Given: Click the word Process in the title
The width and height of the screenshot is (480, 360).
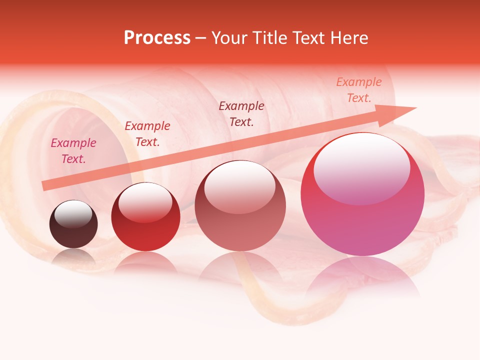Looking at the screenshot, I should (157, 38).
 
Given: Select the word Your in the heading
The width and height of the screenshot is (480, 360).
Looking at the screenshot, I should (228, 38).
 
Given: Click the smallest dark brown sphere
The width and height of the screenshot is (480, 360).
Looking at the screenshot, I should (73, 224).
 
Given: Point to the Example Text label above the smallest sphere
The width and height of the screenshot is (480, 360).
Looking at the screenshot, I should (73, 151).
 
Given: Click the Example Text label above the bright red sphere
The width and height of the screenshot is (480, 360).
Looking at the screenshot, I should (147, 133).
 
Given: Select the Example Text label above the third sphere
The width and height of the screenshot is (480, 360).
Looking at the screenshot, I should (241, 113).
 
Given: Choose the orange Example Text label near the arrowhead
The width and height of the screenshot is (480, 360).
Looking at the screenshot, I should (358, 90).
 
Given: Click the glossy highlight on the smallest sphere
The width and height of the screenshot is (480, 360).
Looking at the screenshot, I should (73, 214).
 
